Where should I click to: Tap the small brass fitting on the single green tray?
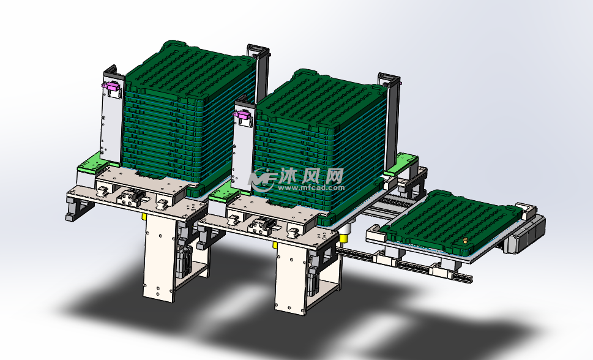[466, 240]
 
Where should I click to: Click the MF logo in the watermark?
[263, 180]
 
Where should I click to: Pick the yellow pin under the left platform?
[144, 217]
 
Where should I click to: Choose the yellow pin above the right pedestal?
[275, 246]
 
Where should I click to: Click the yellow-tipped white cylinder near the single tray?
[344, 234]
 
